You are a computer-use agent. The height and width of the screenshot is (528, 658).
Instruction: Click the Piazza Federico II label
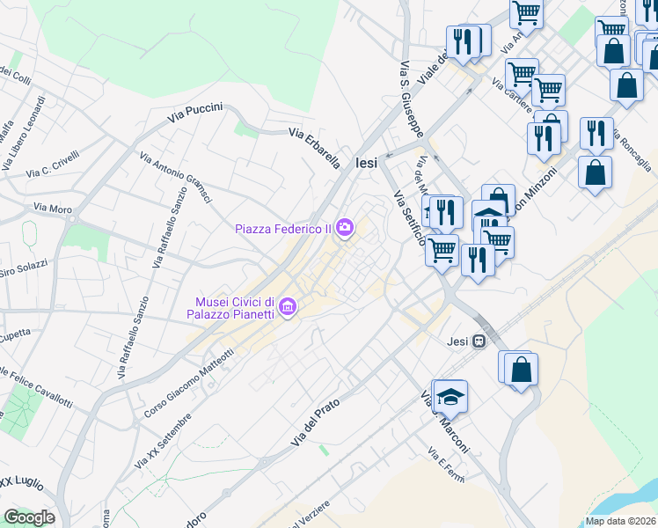(282, 230)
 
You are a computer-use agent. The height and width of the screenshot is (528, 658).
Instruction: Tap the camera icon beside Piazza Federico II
(345, 229)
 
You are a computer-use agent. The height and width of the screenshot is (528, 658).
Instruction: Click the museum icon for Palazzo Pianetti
(290, 308)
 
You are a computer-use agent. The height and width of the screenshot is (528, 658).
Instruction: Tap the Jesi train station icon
(479, 341)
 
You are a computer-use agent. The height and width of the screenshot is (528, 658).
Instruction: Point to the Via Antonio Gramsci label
(176, 177)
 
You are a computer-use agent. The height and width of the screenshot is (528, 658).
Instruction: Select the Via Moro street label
(52, 208)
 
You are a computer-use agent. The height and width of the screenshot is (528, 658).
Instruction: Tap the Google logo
(29, 517)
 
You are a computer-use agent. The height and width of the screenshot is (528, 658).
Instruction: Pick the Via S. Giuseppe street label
(412, 98)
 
